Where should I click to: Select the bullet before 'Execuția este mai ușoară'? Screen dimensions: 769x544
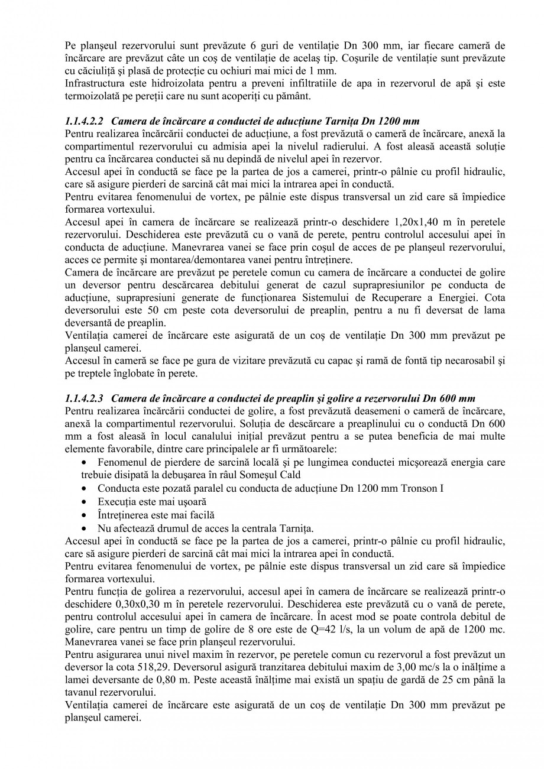[86, 502]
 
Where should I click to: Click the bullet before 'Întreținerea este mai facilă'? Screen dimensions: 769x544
[86, 515]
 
